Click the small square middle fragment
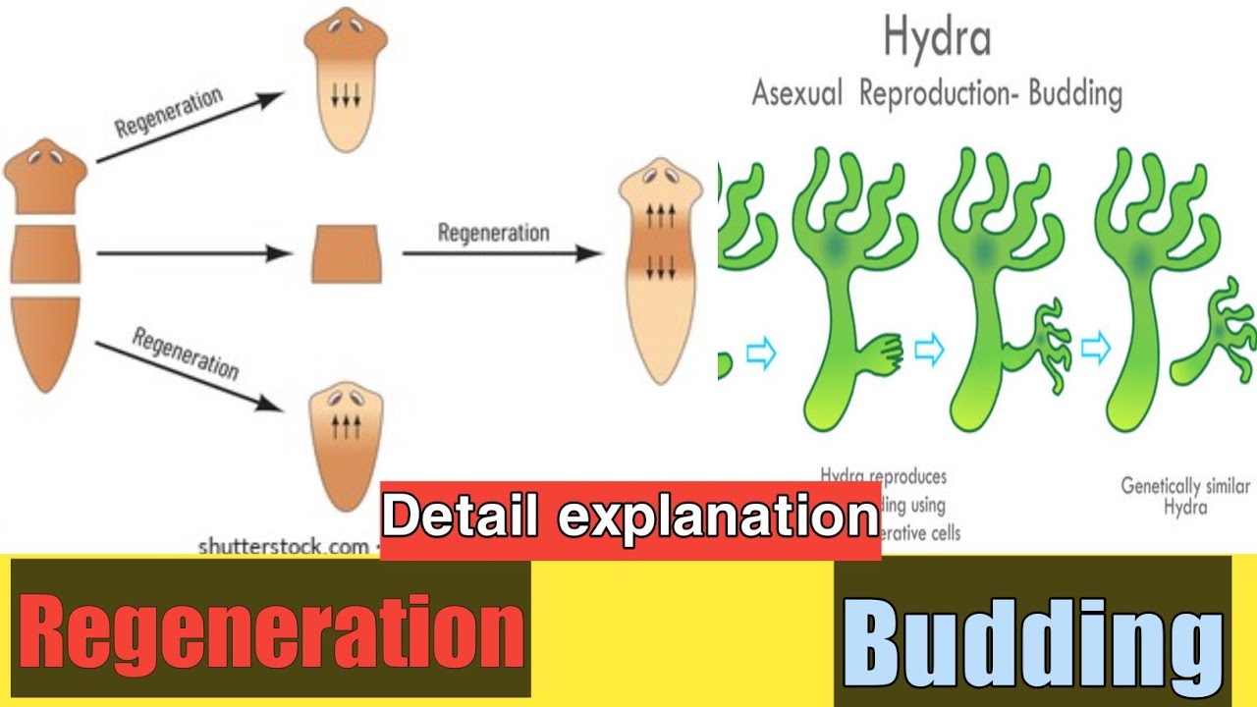[346, 253]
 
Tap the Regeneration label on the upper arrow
[169, 112]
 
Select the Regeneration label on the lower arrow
[186, 354]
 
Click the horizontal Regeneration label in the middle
[493, 234]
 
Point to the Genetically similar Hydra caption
[1185, 496]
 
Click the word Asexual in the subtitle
[798, 94]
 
